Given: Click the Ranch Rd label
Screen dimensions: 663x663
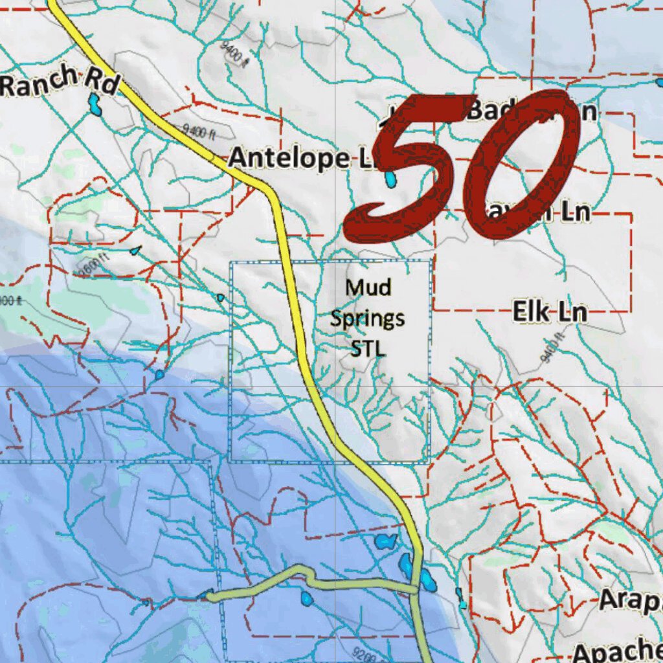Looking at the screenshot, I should coord(58,82).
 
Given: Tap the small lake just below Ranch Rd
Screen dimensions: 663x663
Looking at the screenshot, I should coord(95,104).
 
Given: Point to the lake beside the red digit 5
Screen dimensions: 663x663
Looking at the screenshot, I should coord(390,177).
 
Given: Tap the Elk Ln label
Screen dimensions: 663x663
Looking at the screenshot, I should coord(550,312).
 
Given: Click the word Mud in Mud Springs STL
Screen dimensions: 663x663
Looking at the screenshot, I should coord(368,286).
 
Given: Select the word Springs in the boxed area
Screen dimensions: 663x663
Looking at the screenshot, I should coord(368,318).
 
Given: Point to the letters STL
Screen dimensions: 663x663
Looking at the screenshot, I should coord(368,349).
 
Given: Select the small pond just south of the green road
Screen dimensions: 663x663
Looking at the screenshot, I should coord(306,598).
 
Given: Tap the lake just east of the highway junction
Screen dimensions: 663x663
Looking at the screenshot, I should coord(427,581).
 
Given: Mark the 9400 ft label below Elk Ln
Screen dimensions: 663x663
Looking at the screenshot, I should coord(550,346).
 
